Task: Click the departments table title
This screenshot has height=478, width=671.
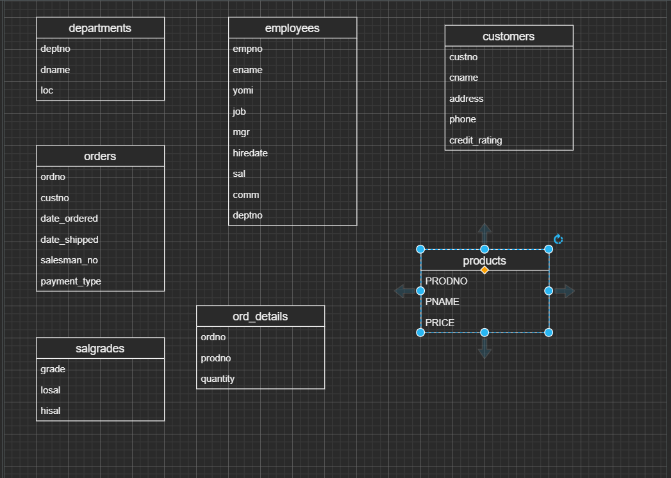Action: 100,28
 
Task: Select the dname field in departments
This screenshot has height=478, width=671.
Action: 55,70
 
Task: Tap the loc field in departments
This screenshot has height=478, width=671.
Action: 47,90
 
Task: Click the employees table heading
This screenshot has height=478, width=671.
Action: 292,28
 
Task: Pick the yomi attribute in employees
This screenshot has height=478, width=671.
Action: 243,90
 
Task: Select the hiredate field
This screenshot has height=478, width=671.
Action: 250,153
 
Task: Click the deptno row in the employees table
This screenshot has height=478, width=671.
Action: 247,215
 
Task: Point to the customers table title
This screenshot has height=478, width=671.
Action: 509,37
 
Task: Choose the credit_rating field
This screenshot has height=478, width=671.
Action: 476,140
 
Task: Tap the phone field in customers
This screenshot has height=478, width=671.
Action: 463,119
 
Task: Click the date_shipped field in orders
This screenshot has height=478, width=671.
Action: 69,240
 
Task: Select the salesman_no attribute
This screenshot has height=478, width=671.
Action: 69,260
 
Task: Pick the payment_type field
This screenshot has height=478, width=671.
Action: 70,281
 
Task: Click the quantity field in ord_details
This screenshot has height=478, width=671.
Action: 218,379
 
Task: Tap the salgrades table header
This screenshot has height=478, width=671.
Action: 100,349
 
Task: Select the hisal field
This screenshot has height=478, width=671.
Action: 51,411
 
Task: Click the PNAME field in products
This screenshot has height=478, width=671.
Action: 442,302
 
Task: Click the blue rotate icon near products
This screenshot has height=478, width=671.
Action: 558,239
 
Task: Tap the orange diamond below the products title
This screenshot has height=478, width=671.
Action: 485,270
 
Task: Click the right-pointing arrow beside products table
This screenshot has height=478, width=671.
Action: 565,292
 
